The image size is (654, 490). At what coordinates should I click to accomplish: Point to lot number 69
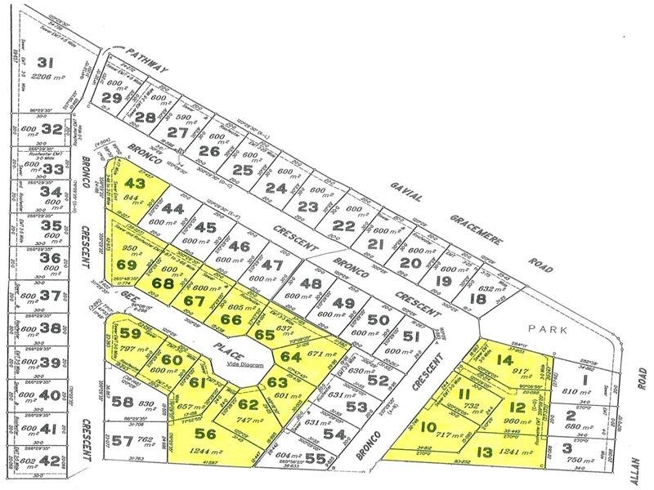tap(127, 265)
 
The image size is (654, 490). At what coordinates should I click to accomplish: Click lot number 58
tap(124, 403)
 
